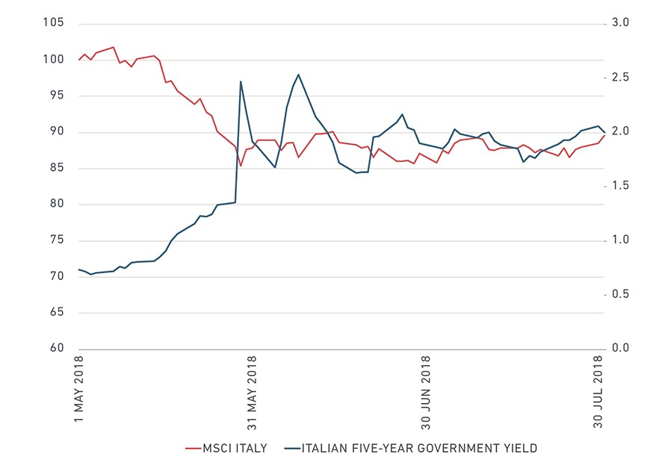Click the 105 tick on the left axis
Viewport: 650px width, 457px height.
pyautogui.click(x=54, y=22)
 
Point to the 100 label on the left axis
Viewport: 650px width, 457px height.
pyautogui.click(x=54, y=59)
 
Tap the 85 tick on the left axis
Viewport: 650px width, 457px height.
pyautogui.click(x=57, y=167)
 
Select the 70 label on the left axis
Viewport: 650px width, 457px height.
pyautogui.click(x=57, y=276)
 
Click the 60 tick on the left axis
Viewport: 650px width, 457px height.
pyautogui.click(x=57, y=348)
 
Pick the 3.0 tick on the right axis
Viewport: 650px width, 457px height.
pyautogui.click(x=621, y=22)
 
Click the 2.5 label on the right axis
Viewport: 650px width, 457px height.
pyautogui.click(x=621, y=77)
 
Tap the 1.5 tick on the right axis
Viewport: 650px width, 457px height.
pyautogui.click(x=621, y=185)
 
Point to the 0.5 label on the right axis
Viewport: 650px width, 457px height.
pyautogui.click(x=621, y=293)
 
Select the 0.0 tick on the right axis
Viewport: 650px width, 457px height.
pyautogui.click(x=621, y=348)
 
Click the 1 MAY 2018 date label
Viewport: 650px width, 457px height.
pyautogui.click(x=78, y=388)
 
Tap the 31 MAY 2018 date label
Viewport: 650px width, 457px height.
pyautogui.click(x=252, y=393)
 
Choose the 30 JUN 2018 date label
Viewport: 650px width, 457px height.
pyautogui.click(x=425, y=392)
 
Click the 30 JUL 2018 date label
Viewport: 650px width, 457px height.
pyautogui.click(x=598, y=392)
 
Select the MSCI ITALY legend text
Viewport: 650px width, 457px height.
pyautogui.click(x=235, y=448)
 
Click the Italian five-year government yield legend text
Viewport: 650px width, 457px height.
pyautogui.click(x=419, y=448)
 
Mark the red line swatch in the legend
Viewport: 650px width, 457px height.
pyautogui.click(x=194, y=448)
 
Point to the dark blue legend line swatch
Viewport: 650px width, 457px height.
pyautogui.click(x=292, y=448)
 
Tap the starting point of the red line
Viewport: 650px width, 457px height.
pyautogui.click(x=79, y=60)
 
